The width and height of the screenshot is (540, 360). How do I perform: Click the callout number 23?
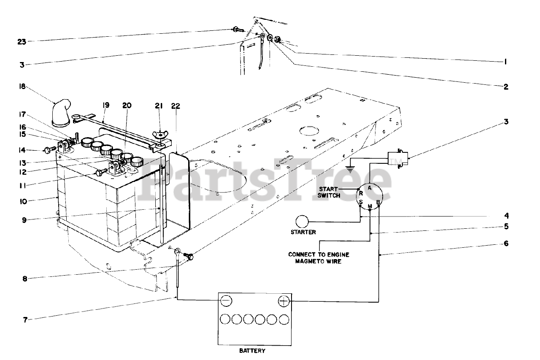tap(22, 42)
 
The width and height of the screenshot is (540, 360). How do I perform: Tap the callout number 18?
tap(22, 87)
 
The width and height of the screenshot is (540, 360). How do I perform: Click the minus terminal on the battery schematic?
tap(226, 300)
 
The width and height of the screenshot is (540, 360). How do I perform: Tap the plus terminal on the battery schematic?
tap(284, 301)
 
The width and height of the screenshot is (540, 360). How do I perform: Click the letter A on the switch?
tap(369, 187)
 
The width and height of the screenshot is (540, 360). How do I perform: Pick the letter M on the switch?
tap(370, 206)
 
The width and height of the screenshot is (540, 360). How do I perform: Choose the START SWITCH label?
tap(329, 192)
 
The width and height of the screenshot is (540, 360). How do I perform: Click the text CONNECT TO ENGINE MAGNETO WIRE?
tap(319, 258)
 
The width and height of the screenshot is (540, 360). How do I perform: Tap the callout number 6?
tap(506, 244)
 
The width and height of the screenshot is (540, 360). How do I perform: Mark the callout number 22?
tap(175, 106)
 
